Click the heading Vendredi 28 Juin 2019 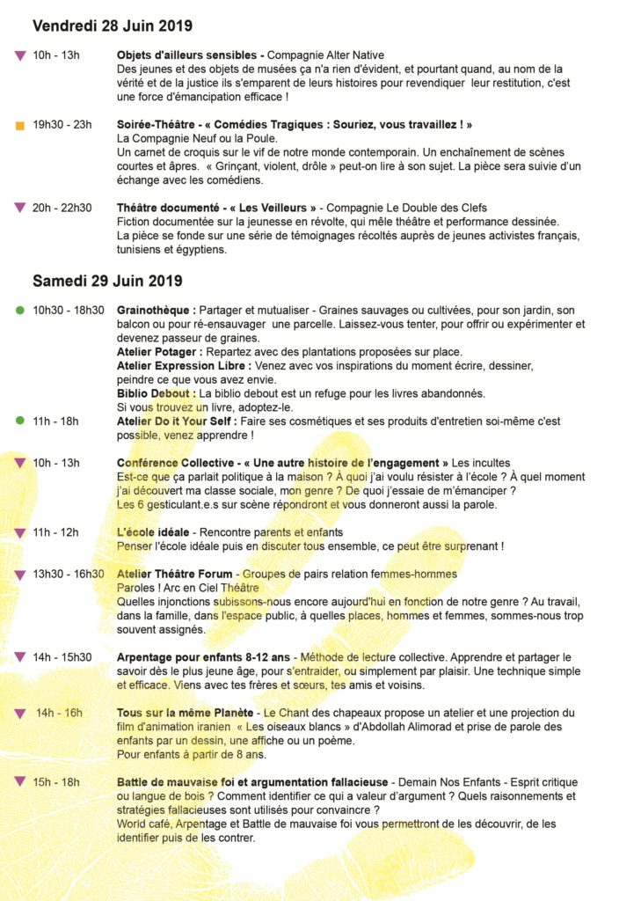[x=113, y=26]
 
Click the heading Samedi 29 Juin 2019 [x=107, y=282]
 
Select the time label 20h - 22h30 [x=62, y=208]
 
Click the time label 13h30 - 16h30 [x=69, y=575]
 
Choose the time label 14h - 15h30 [x=62, y=657]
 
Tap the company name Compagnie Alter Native [x=326, y=55]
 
